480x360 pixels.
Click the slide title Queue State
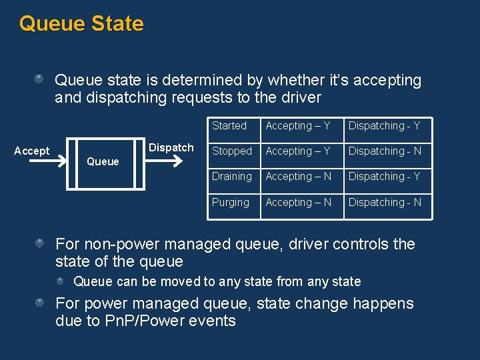click(81, 23)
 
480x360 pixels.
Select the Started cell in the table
click(229, 125)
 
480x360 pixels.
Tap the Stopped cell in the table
click(232, 151)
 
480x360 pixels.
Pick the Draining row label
click(232, 177)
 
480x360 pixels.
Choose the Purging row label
click(231, 202)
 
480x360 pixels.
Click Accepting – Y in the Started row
click(298, 125)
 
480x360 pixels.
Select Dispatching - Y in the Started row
click(385, 125)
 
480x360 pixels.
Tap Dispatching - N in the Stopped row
click(385, 151)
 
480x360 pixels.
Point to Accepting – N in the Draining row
click(299, 177)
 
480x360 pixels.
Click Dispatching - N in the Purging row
click(385, 202)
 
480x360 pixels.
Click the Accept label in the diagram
click(31, 151)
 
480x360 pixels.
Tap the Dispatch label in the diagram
click(171, 147)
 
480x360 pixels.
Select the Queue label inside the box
click(103, 161)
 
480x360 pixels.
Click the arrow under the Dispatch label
click(171, 161)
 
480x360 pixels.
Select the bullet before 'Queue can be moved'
click(61, 281)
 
